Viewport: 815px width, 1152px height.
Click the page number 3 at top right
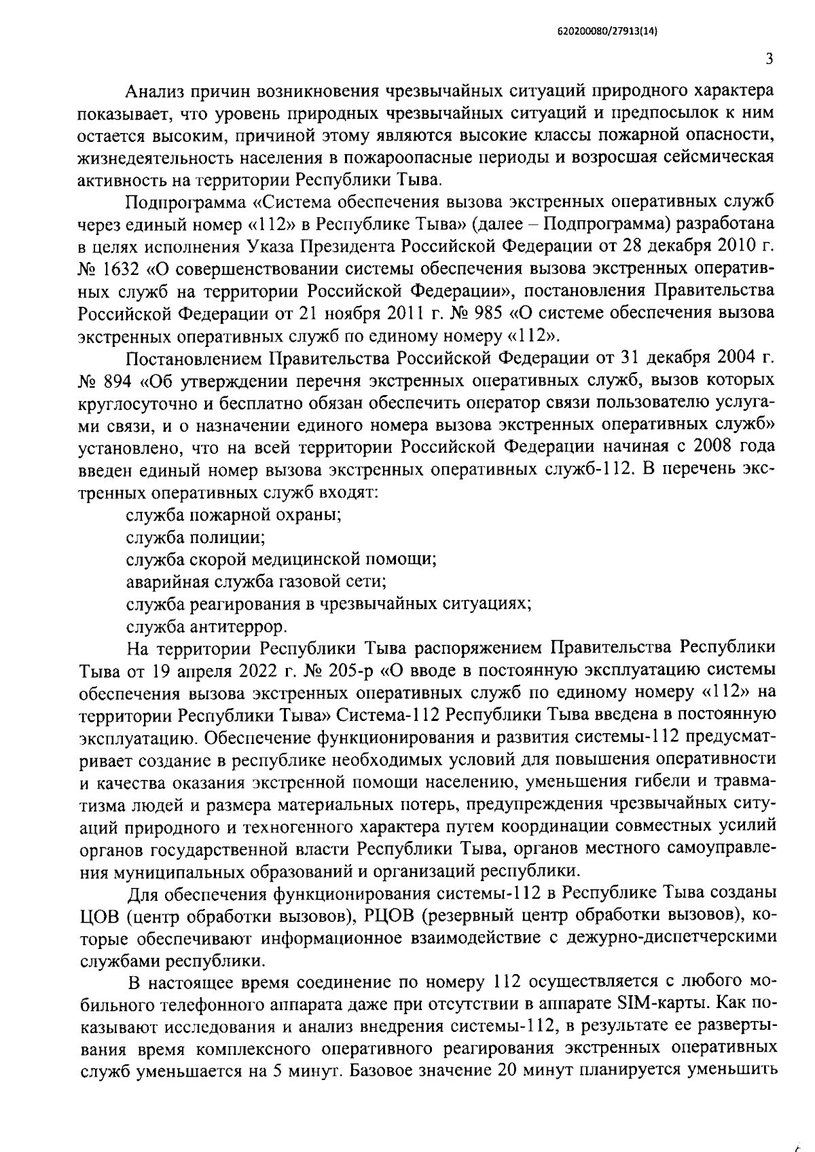pyautogui.click(x=768, y=60)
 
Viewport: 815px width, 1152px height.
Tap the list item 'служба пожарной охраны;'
pyautogui.click(x=234, y=515)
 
